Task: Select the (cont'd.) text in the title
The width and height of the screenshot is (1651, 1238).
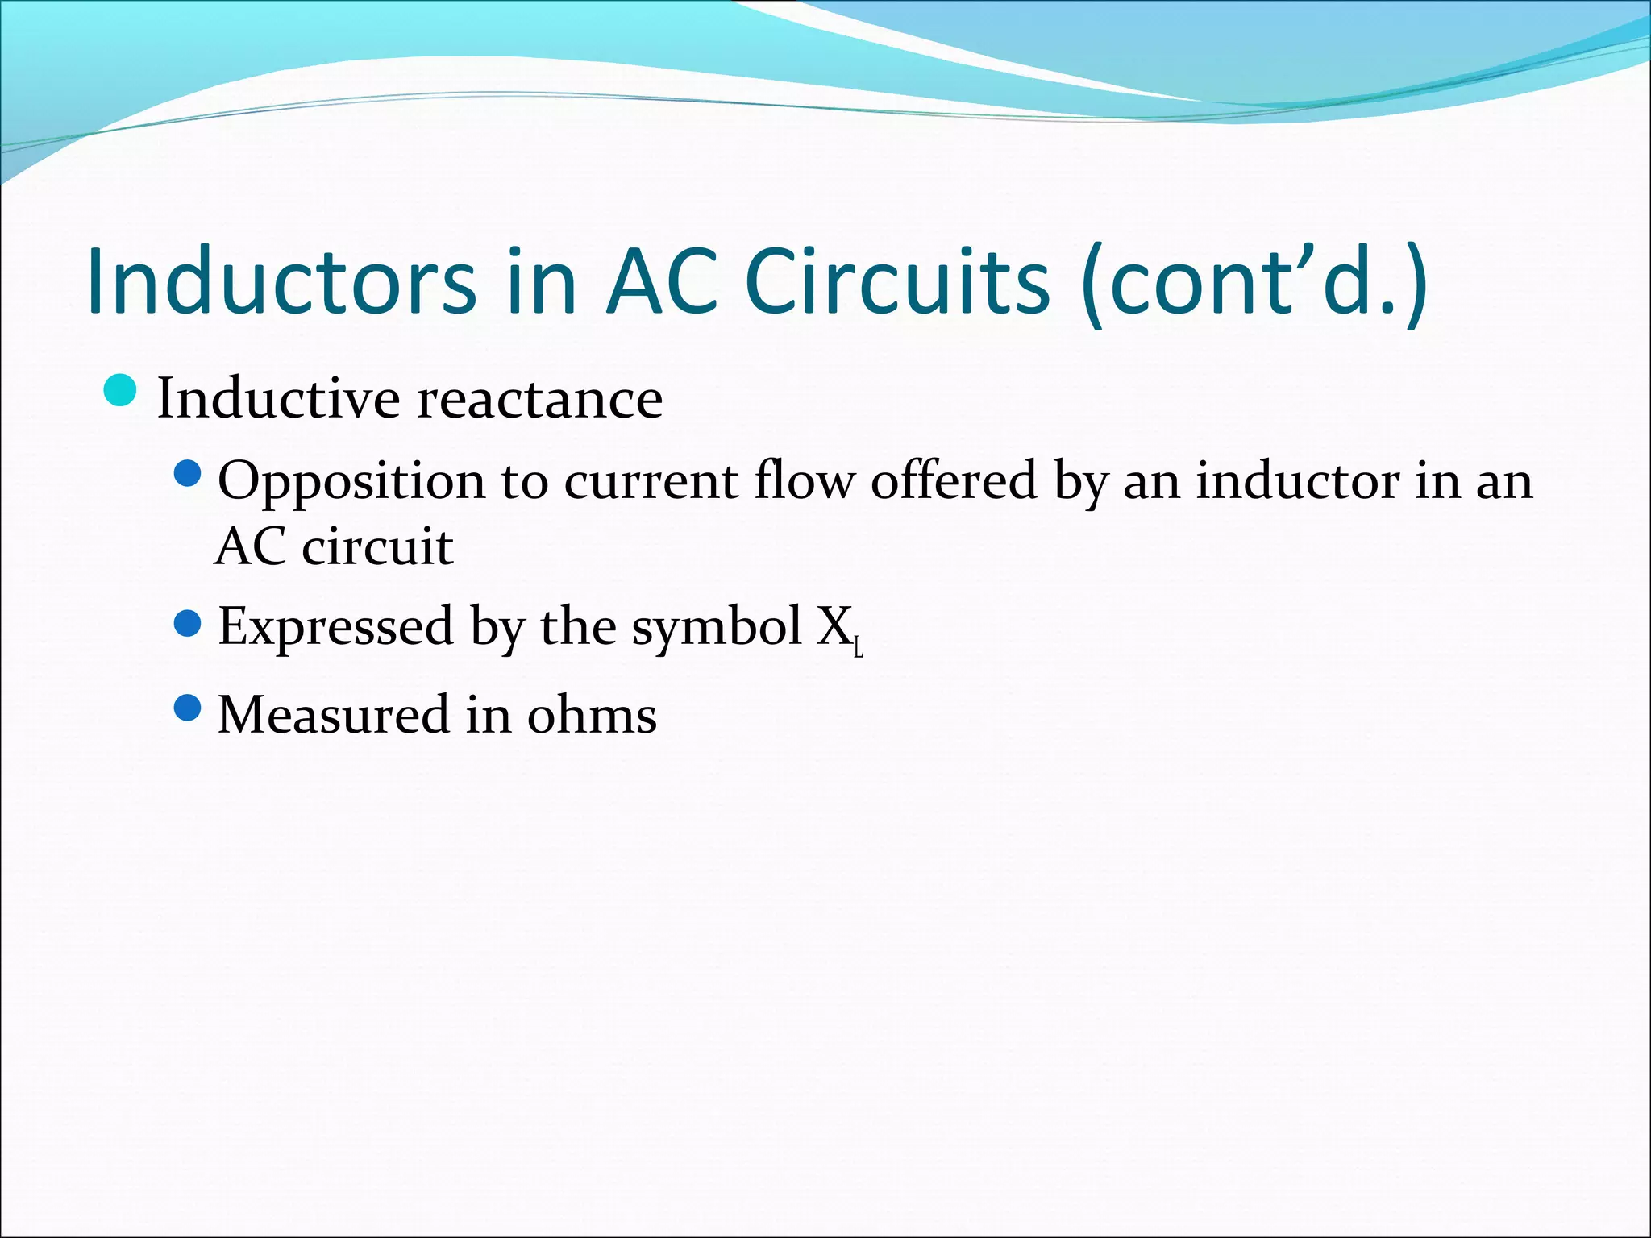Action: (1254, 281)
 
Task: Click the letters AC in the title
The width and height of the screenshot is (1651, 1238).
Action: (662, 281)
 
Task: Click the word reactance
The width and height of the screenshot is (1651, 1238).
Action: (539, 398)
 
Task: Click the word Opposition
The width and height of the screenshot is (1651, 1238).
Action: (351, 482)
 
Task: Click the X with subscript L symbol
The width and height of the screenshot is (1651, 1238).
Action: (838, 629)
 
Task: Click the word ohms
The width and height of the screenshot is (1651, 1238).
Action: (592, 715)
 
